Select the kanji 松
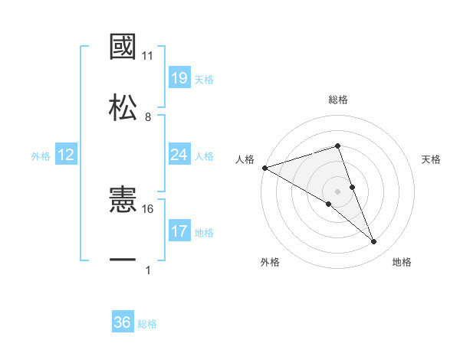click(123, 106)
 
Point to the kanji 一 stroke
click(123, 261)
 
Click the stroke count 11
click(148, 56)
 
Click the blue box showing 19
click(179, 78)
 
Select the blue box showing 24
click(179, 155)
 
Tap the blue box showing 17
click(179, 231)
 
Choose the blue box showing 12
click(66, 155)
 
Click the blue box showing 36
click(123, 322)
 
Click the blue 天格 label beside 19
click(204, 79)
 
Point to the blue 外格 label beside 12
click(41, 155)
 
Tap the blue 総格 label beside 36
click(147, 324)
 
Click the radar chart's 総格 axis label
click(338, 100)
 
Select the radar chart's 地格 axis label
click(402, 262)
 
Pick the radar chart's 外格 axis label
click(270, 262)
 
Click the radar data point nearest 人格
click(264, 168)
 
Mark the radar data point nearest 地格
click(374, 242)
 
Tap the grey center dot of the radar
click(338, 191)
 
